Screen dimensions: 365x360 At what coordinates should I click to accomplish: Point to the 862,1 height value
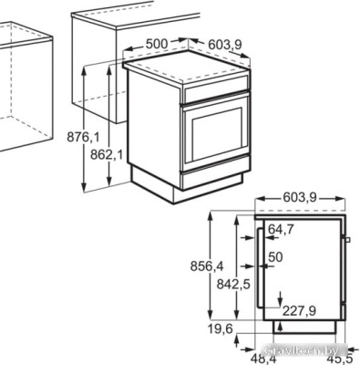(x=108, y=155)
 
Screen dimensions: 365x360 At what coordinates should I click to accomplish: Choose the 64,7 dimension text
(x=283, y=228)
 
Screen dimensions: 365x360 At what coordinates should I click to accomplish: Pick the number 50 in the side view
(x=276, y=258)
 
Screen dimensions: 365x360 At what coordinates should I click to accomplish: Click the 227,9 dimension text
(x=298, y=311)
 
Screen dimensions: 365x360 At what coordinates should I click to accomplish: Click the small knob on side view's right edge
(x=348, y=240)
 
